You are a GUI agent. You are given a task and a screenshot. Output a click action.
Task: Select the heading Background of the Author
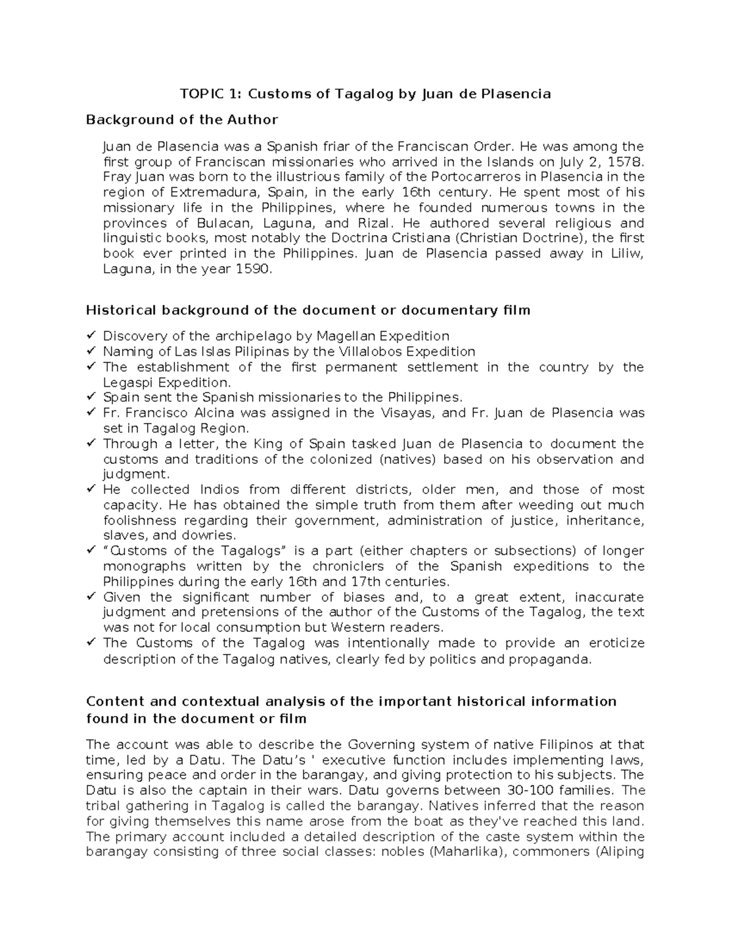click(x=182, y=120)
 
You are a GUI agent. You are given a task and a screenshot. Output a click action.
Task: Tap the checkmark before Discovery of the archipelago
click(x=91, y=336)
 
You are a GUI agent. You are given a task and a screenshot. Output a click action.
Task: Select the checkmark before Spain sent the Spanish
click(x=91, y=397)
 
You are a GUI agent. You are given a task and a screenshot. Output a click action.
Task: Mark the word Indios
click(x=219, y=490)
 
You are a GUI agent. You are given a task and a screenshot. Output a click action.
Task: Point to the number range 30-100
click(x=539, y=791)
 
